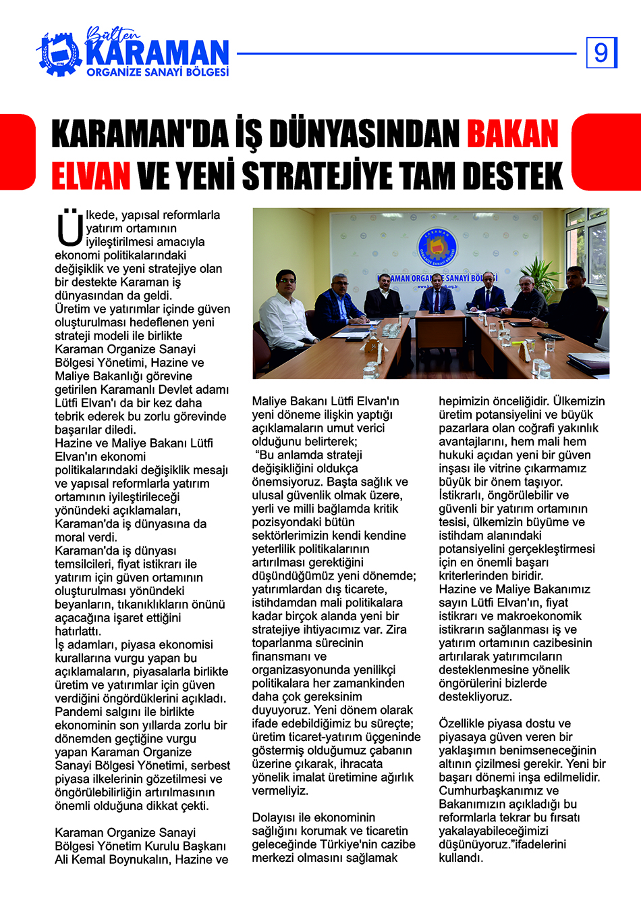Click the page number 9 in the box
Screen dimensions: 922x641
(601, 53)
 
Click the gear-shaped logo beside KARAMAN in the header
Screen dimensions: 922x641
(60, 53)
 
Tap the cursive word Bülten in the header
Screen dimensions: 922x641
(113, 34)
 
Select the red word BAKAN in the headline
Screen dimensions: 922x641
(513, 134)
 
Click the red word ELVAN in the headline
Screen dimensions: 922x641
(91, 176)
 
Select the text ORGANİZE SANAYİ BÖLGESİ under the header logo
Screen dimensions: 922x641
(157, 72)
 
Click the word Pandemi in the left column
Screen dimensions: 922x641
(78, 712)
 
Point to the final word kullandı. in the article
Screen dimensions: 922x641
(461, 858)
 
